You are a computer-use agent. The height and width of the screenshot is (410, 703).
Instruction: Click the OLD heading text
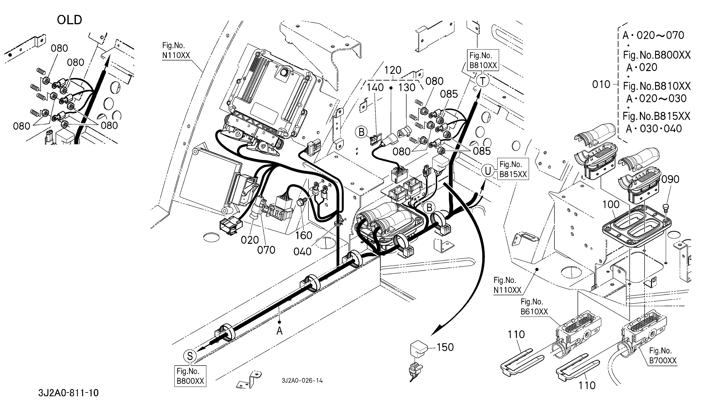(69, 20)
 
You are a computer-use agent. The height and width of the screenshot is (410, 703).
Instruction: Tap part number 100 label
(611, 205)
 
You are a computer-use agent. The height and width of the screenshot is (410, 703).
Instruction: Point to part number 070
(266, 250)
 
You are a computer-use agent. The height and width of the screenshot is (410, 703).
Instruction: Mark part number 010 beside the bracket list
(601, 84)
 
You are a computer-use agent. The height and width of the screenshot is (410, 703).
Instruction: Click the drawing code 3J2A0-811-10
(68, 393)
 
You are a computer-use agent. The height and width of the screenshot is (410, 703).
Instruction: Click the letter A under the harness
(279, 331)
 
